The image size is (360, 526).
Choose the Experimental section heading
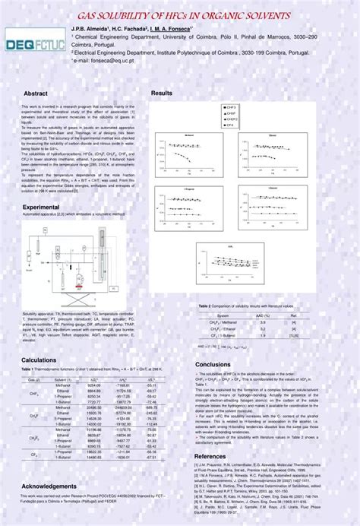pyautogui.click(x=41, y=207)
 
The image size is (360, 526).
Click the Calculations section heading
pyautogui.click(x=39, y=360)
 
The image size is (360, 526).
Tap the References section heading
pyautogui.click(x=211, y=457)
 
